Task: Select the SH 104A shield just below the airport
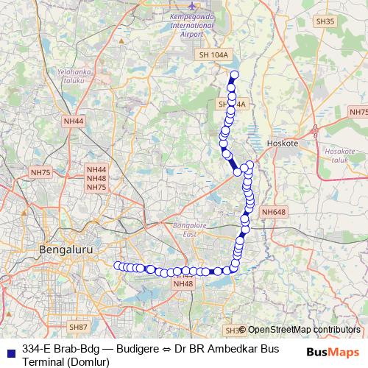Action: (214, 54)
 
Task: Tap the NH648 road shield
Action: (272, 212)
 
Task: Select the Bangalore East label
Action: (194, 229)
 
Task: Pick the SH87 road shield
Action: (78, 326)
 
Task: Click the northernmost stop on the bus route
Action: (235, 74)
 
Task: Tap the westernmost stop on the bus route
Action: (117, 265)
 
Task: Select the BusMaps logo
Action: (333, 351)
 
